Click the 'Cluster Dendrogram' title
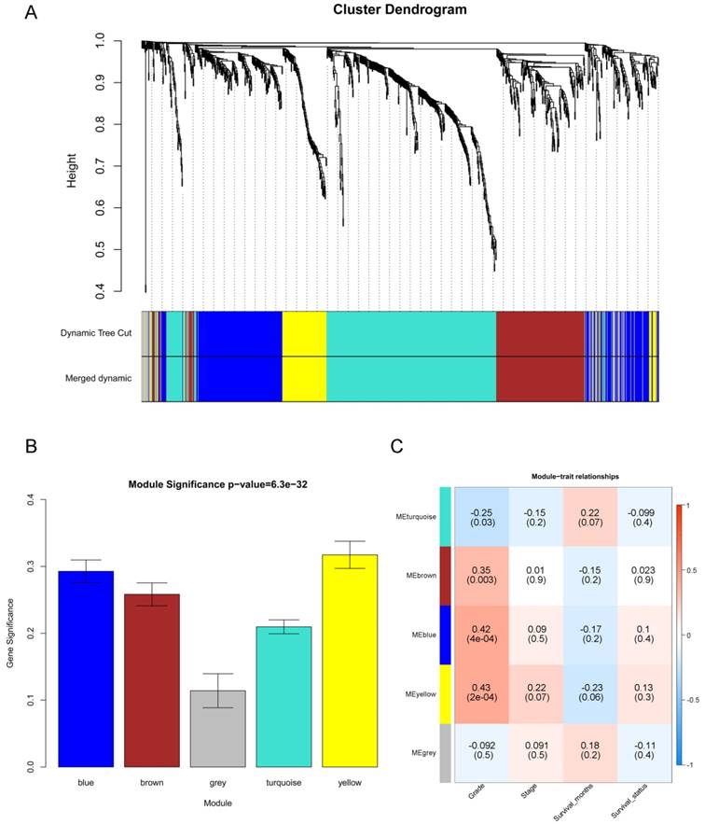tap(400, 10)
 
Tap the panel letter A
tap(33, 13)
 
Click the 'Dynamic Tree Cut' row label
tap(97, 333)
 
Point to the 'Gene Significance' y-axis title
tap(14, 633)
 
